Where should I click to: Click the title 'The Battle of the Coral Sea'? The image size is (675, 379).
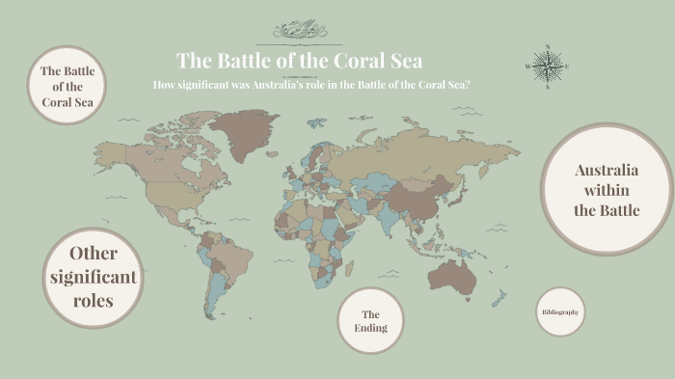tap(299, 60)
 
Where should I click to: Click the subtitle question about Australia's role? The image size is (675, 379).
tap(311, 84)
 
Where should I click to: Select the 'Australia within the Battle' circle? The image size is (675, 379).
tap(607, 190)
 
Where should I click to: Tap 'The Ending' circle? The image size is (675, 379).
tap(370, 321)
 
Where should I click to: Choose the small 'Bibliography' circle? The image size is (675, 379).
tap(560, 312)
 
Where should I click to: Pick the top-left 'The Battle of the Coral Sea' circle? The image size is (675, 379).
tap(67, 87)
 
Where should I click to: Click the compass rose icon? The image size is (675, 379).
tap(547, 66)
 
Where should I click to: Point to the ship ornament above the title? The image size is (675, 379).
tap(300, 32)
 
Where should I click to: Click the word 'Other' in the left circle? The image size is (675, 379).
tap(94, 254)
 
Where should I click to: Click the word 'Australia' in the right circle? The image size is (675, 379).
tap(607, 171)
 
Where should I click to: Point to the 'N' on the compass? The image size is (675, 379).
tap(547, 45)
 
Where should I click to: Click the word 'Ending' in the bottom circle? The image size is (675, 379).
tap(370, 328)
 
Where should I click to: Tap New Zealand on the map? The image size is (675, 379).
tap(500, 300)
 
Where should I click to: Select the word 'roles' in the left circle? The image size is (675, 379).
tap(94, 301)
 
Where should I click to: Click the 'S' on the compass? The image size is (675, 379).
tap(547, 87)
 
